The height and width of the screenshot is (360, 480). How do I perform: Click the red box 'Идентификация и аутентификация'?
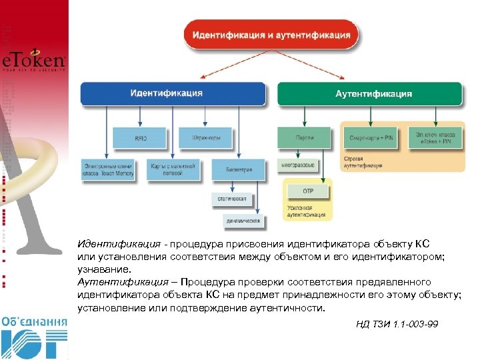(271, 34)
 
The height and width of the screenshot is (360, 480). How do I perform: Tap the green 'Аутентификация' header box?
(369, 93)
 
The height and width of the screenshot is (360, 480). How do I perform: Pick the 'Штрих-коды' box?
(205, 138)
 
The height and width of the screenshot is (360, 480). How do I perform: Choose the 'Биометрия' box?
(237, 169)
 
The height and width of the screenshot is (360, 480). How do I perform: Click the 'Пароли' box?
(304, 138)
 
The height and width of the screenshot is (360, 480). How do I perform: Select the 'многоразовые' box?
(298, 163)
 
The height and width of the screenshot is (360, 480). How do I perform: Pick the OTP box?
(308, 191)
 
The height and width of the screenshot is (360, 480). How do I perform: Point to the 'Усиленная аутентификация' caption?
(306, 211)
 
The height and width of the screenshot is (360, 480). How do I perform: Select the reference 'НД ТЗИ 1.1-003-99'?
(397, 325)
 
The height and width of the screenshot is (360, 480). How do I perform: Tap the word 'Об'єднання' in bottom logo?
(34, 321)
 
